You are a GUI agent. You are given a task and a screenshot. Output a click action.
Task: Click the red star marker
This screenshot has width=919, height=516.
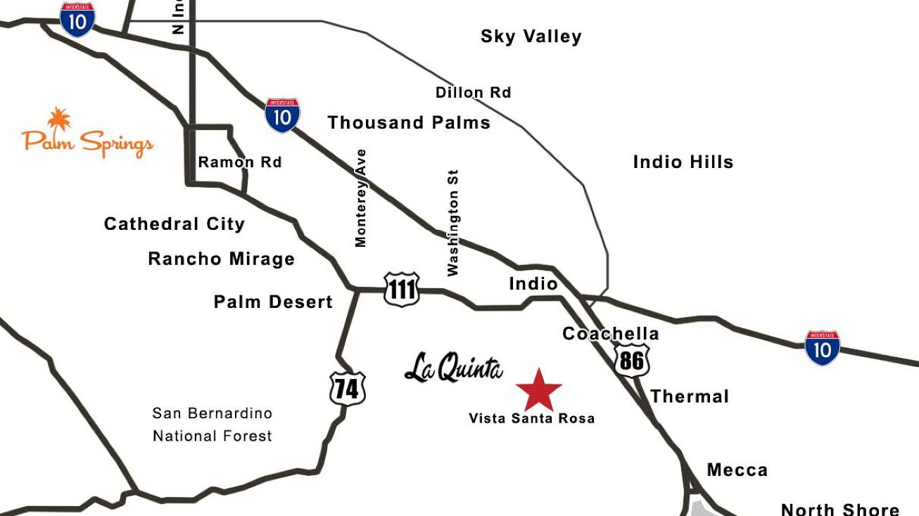coord(539,390)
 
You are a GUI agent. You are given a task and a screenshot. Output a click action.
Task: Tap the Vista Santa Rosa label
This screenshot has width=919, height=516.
coord(531,418)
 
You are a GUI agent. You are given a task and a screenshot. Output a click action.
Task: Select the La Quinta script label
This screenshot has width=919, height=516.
coord(454,368)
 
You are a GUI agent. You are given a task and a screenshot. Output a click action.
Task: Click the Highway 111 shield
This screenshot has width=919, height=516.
coord(402,289)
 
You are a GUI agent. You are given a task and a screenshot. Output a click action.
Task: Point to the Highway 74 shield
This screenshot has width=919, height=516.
coord(348,389)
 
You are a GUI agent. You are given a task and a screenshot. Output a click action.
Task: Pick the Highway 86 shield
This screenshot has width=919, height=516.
coord(632,360)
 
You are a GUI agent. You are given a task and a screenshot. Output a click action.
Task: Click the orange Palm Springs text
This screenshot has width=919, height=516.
coord(88,142)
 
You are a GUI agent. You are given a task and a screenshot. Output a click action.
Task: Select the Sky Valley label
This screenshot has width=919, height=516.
coord(531,37)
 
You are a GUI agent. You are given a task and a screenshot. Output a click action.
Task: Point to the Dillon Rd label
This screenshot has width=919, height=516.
coord(473,92)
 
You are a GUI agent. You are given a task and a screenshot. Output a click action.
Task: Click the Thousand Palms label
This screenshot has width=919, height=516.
coord(409,122)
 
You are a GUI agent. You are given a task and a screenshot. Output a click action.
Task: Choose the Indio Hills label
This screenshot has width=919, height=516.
coord(683,162)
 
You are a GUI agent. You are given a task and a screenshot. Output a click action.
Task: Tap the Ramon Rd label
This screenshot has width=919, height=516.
coord(239,162)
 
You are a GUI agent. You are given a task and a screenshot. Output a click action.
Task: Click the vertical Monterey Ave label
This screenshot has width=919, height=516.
coord(361,198)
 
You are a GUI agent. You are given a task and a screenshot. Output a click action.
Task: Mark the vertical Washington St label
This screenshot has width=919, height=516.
coord(452,222)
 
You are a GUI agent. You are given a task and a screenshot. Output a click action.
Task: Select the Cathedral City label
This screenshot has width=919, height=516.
coord(174,224)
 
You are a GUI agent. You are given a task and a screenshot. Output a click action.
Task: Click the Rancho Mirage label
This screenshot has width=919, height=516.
coord(221,259)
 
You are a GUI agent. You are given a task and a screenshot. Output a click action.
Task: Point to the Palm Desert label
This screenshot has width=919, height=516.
coord(273,302)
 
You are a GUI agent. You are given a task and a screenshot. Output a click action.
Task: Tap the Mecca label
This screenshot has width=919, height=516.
coord(737,470)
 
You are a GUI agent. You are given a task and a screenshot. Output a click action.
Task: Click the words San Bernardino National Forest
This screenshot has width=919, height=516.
coord(212,425)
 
